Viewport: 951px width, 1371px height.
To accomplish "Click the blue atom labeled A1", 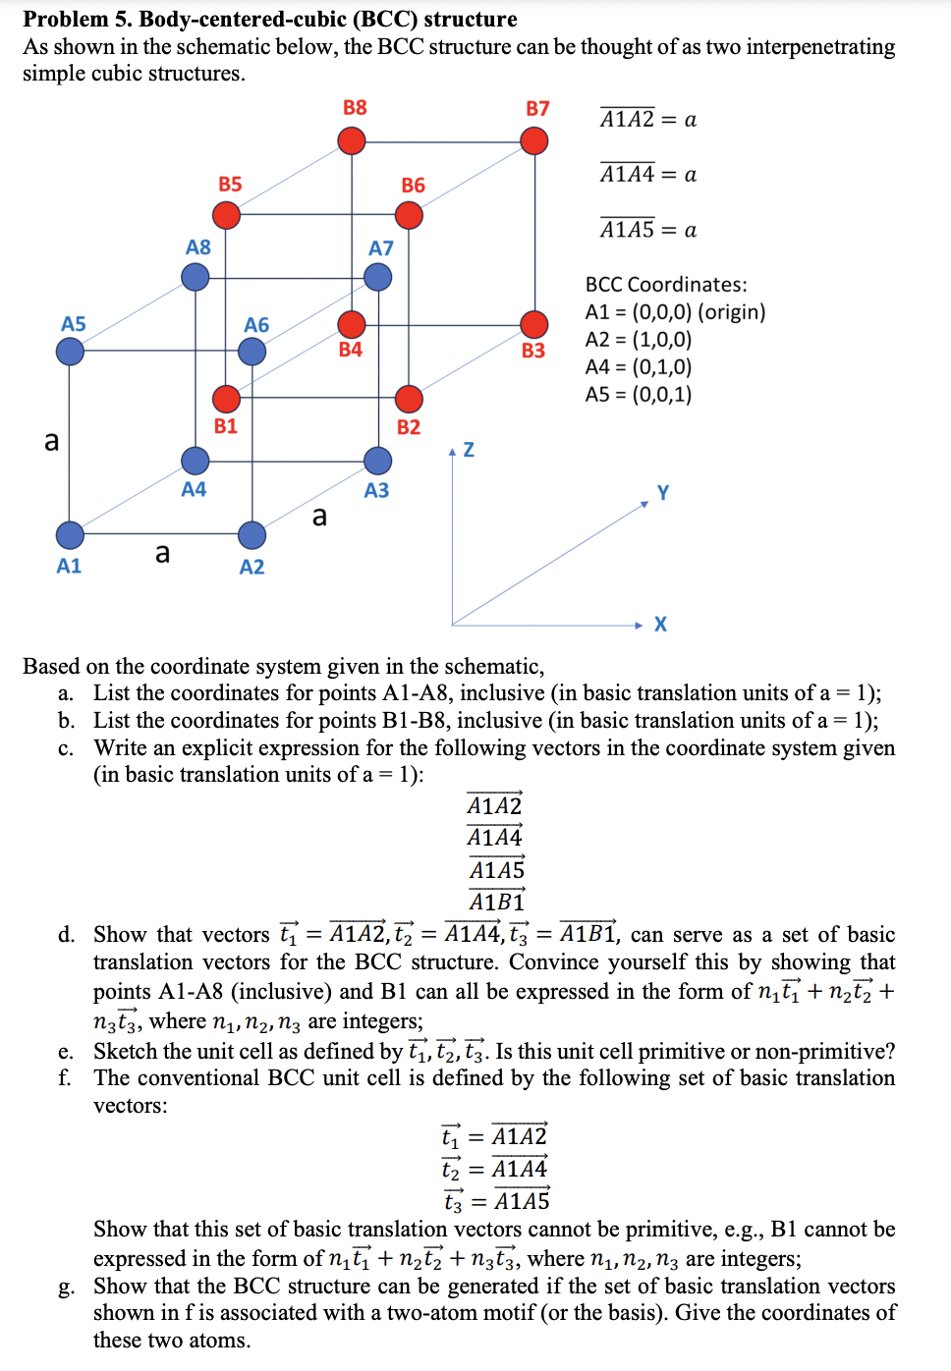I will [70, 535].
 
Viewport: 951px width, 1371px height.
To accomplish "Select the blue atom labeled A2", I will [252, 535].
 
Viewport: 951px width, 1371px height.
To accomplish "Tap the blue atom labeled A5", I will [70, 352].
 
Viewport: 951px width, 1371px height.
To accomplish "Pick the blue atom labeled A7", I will [378, 277].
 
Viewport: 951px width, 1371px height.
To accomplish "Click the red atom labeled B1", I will [226, 399].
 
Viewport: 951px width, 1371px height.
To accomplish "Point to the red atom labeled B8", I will [352, 141].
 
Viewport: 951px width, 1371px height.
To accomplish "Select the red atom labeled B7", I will [534, 141].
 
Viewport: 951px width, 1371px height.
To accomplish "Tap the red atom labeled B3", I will [534, 324].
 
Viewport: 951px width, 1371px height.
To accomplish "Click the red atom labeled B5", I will [226, 215].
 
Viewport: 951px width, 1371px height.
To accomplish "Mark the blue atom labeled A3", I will [378, 461].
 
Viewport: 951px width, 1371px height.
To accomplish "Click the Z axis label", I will [469, 450].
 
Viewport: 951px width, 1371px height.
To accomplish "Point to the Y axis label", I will [663, 492].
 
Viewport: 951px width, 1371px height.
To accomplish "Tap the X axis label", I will [660, 625].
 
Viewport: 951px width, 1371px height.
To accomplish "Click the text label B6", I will [414, 186].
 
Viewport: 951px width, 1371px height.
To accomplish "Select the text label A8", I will [198, 247].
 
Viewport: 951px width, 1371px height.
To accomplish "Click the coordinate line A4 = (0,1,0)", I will [639, 367].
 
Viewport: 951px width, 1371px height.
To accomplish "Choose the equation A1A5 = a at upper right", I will [648, 229].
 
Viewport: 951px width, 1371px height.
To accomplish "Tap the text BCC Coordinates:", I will [666, 285].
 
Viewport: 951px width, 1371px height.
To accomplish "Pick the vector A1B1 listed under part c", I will [496, 901].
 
